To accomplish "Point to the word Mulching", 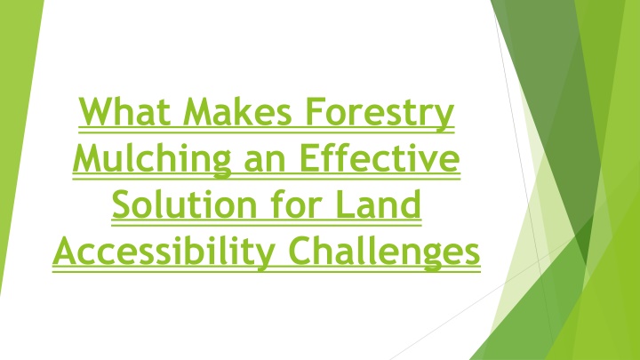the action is pos(152,160).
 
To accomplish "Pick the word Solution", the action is pos(185,204).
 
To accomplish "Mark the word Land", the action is pos(379,204).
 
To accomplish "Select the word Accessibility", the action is pos(164,253).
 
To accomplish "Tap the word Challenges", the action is pos(385,253).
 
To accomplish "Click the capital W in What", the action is pos(96,111).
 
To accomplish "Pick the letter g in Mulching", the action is pos(221,165).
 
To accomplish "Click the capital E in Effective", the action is pos(309,158).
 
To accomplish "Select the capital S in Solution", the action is pos(122,204).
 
